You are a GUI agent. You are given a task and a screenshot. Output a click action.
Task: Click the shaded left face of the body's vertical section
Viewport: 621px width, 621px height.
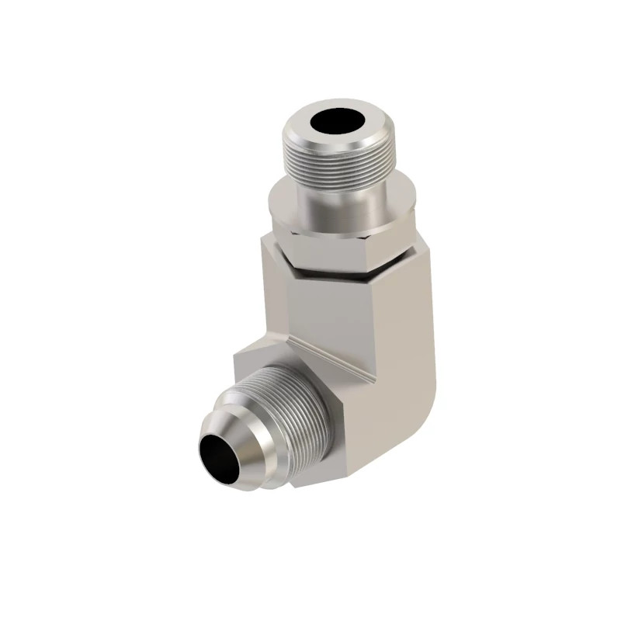click(276, 303)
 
